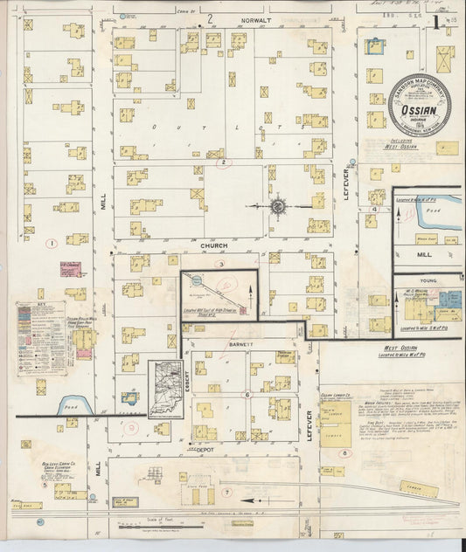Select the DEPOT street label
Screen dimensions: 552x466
click(206, 448)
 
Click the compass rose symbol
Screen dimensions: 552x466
click(278, 206)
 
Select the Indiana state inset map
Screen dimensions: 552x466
click(164, 388)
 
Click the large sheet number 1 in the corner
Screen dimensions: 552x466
click(437, 23)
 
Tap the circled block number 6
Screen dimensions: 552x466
click(247, 395)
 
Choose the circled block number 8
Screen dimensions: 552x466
click(344, 453)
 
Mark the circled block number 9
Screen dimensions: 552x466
click(133, 428)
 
